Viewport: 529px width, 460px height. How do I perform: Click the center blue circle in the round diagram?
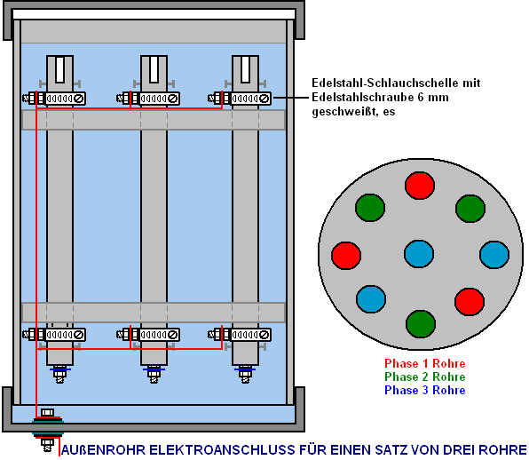tap(419, 254)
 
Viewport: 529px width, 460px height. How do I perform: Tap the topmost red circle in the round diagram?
tap(420, 186)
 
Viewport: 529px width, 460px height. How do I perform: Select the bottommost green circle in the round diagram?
tap(421, 324)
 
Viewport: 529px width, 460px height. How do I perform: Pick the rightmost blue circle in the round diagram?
tap(494, 255)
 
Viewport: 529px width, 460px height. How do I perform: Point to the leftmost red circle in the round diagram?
tap(346, 256)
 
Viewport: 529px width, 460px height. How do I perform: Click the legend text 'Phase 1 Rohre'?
tap(425, 363)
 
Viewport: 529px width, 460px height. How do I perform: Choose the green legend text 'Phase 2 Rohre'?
tap(425, 377)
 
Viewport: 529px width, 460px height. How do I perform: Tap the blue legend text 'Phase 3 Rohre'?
tap(425, 390)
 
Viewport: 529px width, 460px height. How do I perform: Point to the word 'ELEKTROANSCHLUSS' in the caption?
tap(222, 450)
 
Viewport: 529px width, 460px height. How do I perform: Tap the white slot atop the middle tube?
tap(154, 70)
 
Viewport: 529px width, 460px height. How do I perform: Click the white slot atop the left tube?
tap(59, 70)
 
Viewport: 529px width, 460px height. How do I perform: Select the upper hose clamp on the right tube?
tap(240, 99)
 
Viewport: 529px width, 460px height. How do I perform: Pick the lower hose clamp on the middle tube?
tap(148, 335)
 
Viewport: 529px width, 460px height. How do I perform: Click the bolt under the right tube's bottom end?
tap(245, 374)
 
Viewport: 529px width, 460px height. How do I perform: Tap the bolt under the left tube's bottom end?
tap(59, 374)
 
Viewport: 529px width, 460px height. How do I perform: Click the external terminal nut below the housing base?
tap(47, 444)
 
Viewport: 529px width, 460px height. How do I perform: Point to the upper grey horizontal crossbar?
tap(154, 120)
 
